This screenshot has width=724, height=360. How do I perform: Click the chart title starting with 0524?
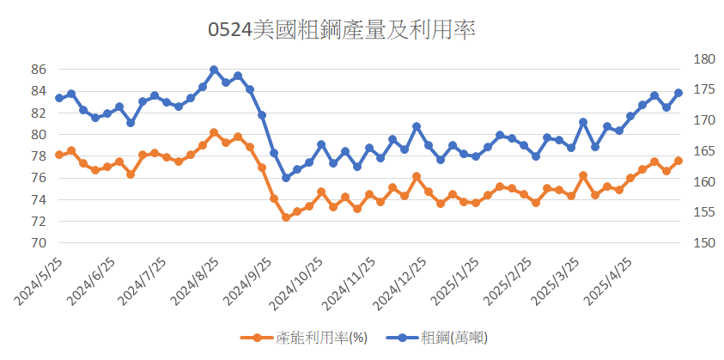click(x=342, y=30)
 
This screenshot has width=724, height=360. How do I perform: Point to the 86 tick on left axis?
click(x=37, y=70)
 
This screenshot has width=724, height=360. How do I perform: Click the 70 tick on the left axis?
click(x=37, y=243)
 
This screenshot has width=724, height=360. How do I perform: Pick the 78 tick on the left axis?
click(x=37, y=156)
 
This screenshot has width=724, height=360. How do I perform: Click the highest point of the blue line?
click(x=214, y=70)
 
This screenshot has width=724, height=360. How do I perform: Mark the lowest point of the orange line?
click(x=286, y=217)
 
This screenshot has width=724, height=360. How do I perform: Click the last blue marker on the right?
click(x=678, y=93)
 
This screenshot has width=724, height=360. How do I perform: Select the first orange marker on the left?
click(x=59, y=155)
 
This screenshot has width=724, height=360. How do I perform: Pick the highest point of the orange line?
click(x=214, y=132)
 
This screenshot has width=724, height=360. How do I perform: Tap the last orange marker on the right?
click(x=678, y=161)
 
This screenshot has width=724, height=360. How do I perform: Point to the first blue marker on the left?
click(x=59, y=98)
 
